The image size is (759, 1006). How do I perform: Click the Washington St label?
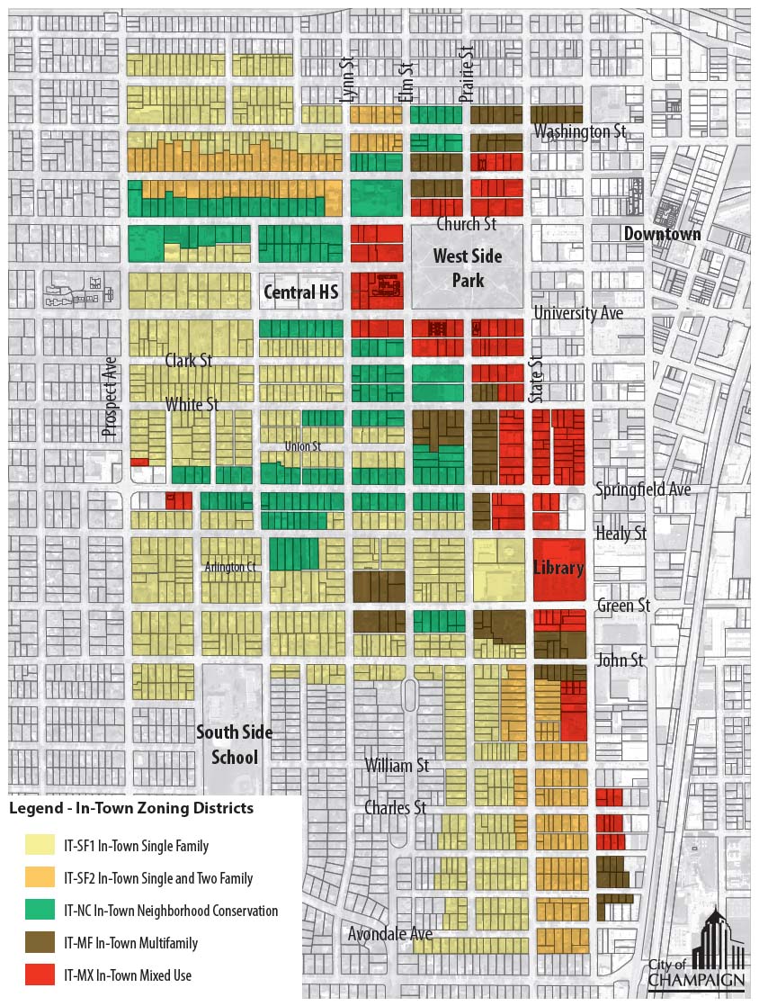click(580, 132)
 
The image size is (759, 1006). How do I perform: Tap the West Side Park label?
click(468, 268)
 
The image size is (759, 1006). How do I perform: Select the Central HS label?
click(300, 292)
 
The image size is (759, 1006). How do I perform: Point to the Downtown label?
click(663, 234)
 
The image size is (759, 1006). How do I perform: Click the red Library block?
click(558, 569)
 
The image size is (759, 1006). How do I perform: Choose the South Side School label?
click(235, 744)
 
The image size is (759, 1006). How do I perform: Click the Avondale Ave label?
click(390, 934)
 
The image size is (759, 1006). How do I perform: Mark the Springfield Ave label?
click(643, 490)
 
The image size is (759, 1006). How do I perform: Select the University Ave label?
click(578, 313)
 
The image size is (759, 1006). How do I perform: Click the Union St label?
click(302, 445)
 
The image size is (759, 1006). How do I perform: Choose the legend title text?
click(131, 808)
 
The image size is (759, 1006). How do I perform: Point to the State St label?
click(537, 379)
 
